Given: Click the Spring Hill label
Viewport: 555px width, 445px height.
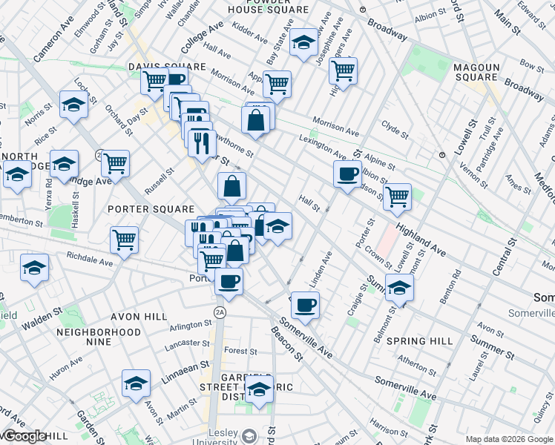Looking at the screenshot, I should pos(419,341).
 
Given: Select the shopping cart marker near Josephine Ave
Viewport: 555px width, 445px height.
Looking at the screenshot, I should pos(343,70).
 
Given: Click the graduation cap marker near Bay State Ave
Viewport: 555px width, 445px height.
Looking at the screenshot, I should pos(303,43).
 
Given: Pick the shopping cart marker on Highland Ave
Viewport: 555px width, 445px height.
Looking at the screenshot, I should pos(397,196).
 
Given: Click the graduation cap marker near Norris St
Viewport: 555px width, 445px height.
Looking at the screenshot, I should pos(73,106).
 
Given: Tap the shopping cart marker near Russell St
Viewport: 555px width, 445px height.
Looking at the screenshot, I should pos(115,162).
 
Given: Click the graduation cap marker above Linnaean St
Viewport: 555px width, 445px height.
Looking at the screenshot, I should pos(136,383).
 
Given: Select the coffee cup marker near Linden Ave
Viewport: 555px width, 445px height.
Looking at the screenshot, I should pos(305,303).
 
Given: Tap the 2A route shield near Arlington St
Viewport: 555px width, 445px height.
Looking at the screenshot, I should pos(220,311).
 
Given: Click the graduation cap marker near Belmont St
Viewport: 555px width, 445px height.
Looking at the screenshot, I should pos(399,287).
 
